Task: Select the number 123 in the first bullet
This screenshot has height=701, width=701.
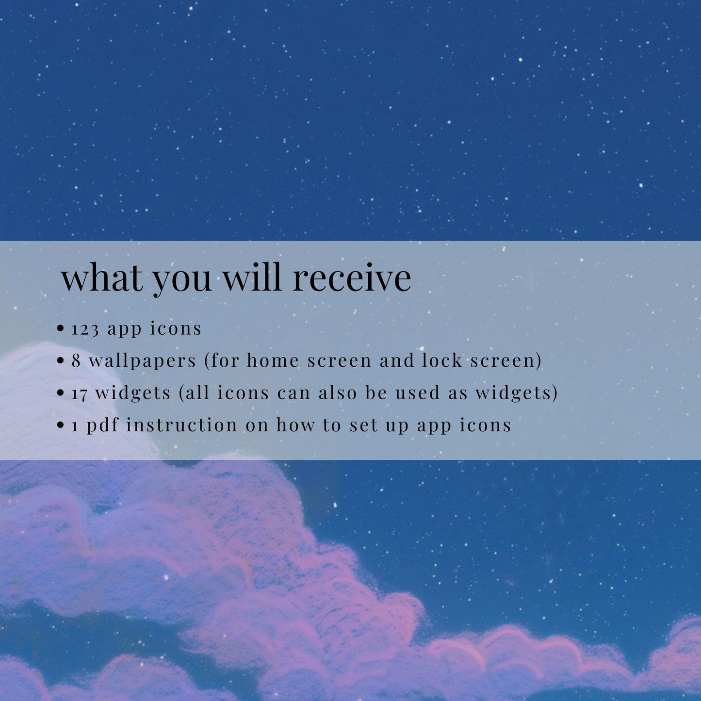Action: tap(85, 330)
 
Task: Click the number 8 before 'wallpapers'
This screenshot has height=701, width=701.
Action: tap(76, 360)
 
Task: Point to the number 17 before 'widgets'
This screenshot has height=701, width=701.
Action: tap(79, 393)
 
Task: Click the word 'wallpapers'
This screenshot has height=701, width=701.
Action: tap(143, 361)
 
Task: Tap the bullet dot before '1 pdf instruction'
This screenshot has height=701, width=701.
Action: tap(61, 425)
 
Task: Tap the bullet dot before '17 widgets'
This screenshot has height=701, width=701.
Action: tap(61, 393)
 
